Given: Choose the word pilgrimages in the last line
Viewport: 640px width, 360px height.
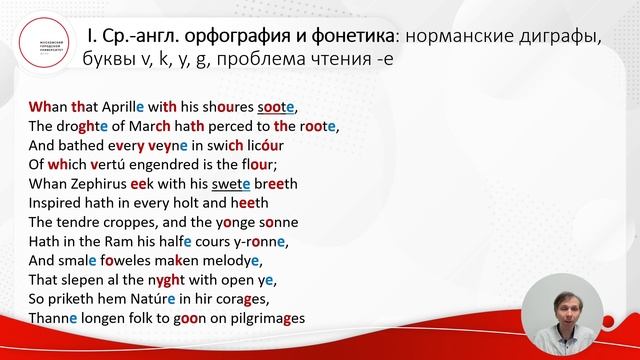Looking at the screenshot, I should [264, 320].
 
